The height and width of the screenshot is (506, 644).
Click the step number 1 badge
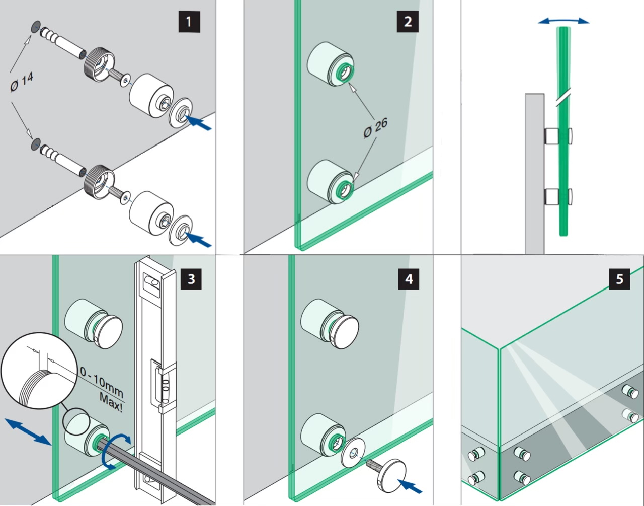point(189,22)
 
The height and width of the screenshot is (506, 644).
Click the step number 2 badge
point(408,22)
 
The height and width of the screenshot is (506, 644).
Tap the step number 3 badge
point(191,278)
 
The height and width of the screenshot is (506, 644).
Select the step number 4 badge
point(409,278)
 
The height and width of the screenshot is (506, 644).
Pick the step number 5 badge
point(619,278)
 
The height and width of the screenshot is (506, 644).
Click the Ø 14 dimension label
point(21,83)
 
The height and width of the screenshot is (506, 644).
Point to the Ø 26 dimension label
point(375,128)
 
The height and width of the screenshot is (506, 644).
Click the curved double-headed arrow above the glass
point(563,21)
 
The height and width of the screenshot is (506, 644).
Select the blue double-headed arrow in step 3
point(28,431)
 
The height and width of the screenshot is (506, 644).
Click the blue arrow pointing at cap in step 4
point(411,486)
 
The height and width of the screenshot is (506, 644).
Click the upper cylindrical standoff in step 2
point(330,64)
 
